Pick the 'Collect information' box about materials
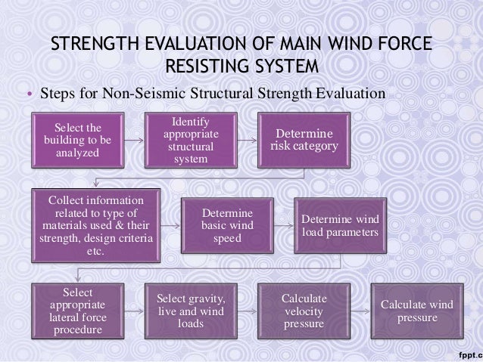pyautogui.click(x=95, y=224)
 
